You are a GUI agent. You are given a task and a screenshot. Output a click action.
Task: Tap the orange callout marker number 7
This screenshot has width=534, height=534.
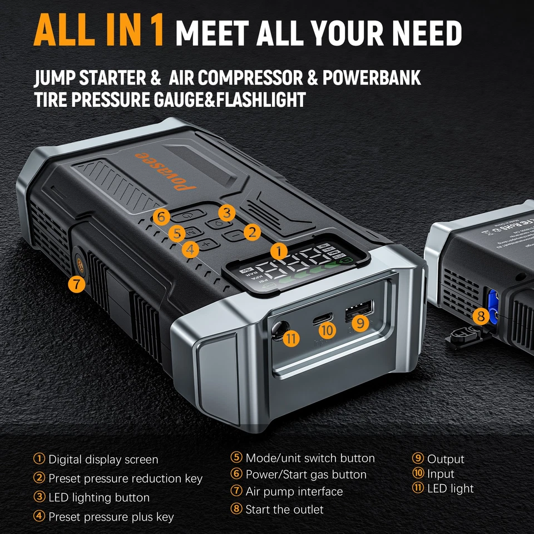(77, 284)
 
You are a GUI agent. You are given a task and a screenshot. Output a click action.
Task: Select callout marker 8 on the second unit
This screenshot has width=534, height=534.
(481, 317)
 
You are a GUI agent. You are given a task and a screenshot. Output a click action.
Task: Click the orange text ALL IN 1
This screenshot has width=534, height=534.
(100, 32)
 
